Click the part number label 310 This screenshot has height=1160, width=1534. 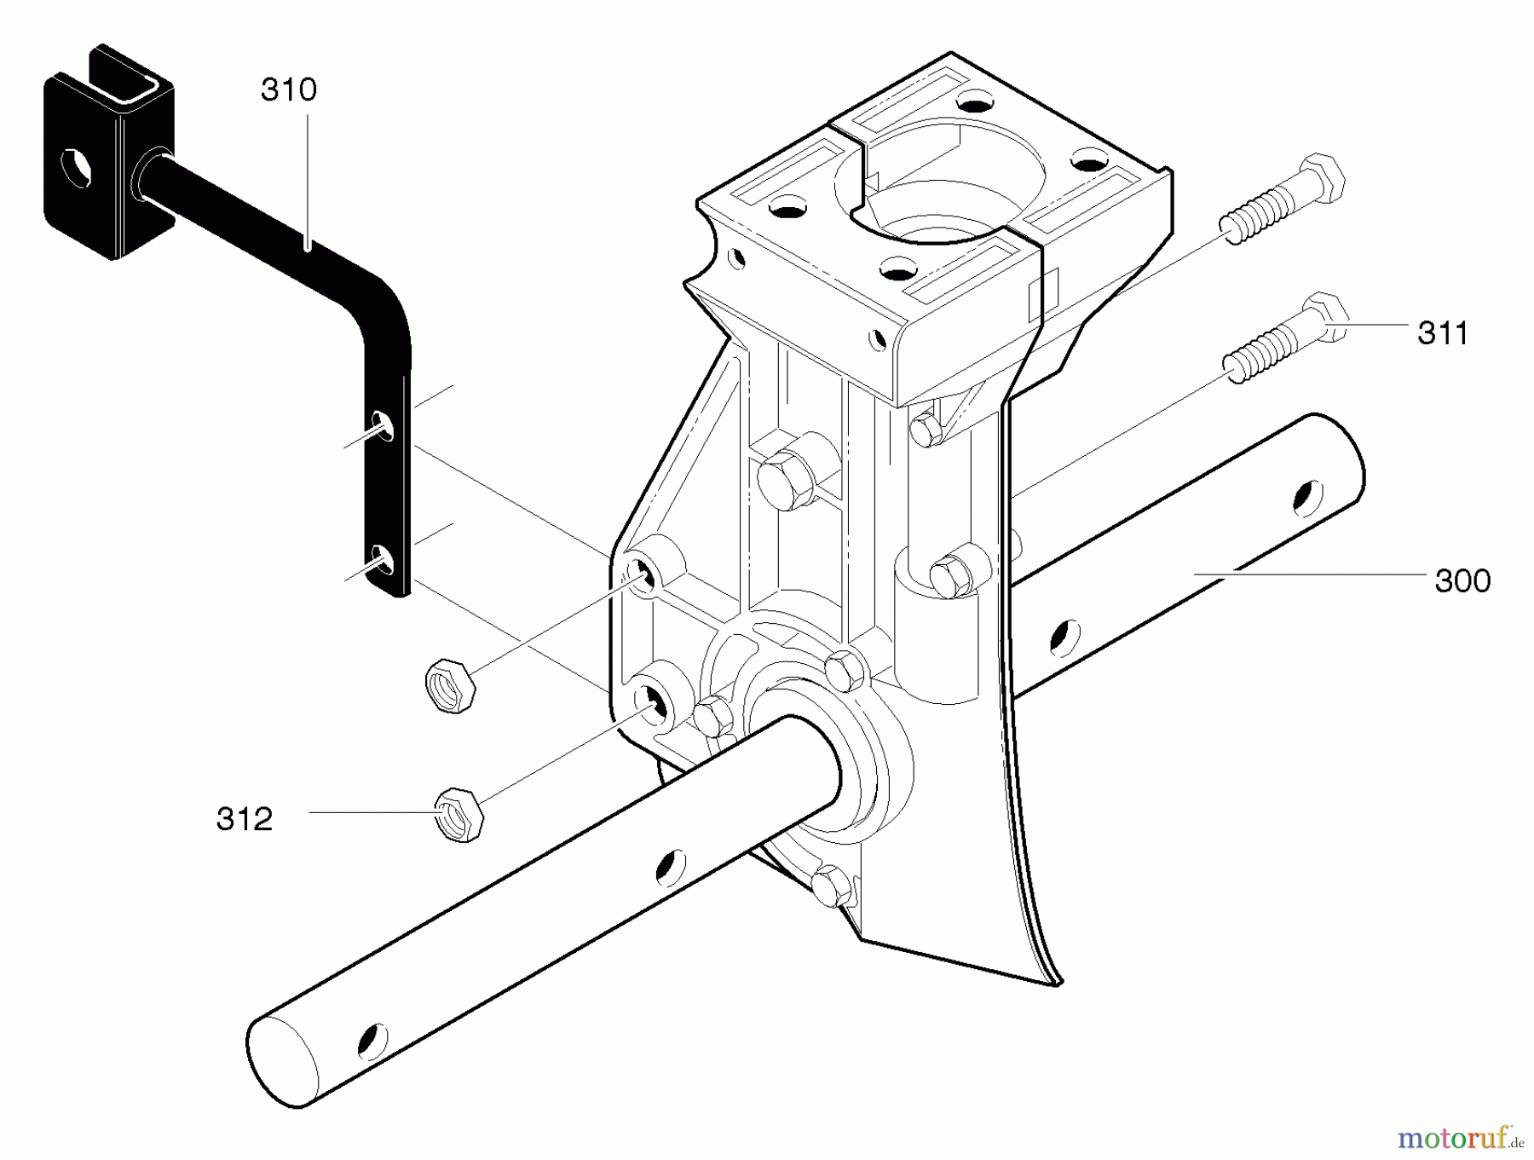pos(289,90)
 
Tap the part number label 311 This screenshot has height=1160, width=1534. pos(1443,333)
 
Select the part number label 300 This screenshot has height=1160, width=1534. pos(1462,581)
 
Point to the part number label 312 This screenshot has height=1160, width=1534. pos(245,819)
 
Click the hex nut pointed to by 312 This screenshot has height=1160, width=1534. pos(459,814)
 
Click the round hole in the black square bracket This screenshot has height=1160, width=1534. pos(75,164)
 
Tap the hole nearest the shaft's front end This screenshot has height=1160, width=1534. pos(372,1039)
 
